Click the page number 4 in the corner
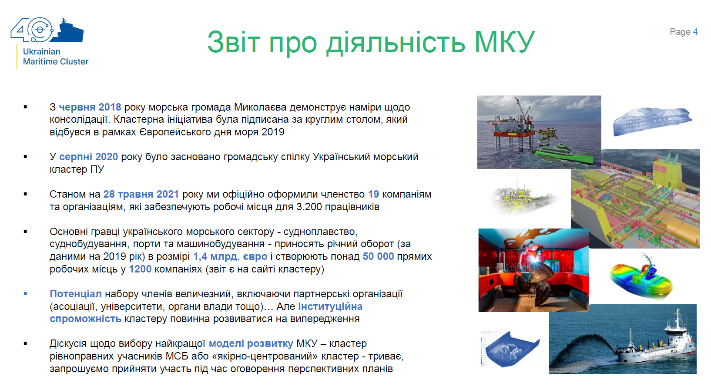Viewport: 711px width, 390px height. [695, 32]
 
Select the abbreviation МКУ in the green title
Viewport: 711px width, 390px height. [505, 42]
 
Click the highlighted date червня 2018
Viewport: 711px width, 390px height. [90, 107]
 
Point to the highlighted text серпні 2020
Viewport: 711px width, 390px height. [89, 157]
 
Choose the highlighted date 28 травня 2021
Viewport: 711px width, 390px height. [141, 194]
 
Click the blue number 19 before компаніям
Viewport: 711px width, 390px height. [374, 194]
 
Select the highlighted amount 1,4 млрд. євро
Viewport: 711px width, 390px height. [231, 256]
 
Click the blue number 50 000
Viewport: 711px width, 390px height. [379, 256]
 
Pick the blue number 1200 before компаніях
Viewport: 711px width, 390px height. [140, 269]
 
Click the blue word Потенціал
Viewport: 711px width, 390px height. [76, 294]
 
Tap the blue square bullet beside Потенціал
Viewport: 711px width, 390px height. [25, 294]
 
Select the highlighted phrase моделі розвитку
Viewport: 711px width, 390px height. [251, 343]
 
